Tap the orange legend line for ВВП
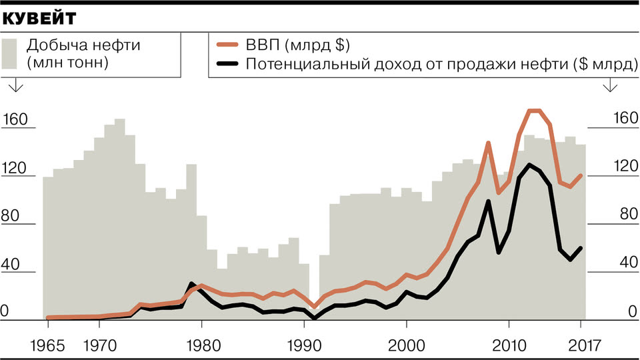click(x=228, y=45)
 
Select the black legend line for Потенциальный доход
click(x=228, y=64)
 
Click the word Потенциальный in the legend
click(x=293, y=64)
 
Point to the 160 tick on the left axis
click(x=17, y=120)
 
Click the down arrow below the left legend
click(x=15, y=85)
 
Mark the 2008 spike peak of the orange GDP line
click(x=488, y=143)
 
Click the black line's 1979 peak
click(x=191, y=284)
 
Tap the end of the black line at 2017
click(x=581, y=248)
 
